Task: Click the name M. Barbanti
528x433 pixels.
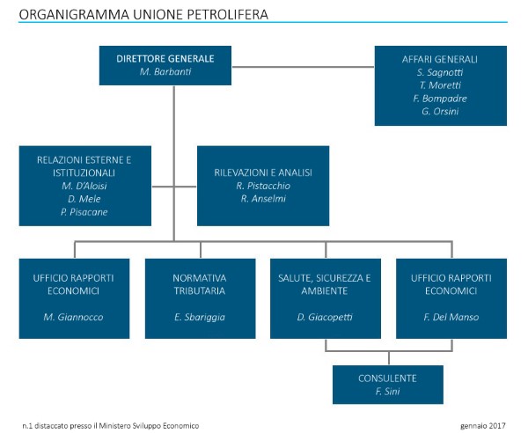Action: coord(165,71)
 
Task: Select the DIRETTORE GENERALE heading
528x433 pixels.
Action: coord(165,59)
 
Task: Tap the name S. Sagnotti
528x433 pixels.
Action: coord(440,72)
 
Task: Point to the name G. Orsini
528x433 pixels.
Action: coord(440,112)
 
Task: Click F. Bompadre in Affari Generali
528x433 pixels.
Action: coord(440,99)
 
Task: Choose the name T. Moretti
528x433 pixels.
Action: coord(440,85)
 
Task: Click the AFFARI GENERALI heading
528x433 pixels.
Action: coord(440,59)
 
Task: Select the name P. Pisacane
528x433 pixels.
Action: coord(84,212)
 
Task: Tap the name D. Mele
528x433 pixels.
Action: coord(84,199)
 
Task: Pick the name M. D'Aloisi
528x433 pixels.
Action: coord(84,186)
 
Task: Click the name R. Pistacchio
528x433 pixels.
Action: coord(263,186)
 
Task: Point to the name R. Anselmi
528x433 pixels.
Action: coord(263,199)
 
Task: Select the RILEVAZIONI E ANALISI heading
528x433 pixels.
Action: coord(263,172)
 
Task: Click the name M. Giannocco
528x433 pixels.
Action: coord(73,317)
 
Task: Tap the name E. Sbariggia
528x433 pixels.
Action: coord(200,317)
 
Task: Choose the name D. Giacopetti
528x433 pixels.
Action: coord(325,317)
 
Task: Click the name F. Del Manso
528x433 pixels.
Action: coord(451,317)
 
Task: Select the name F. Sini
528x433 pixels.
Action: coord(387,392)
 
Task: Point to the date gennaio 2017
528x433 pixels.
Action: coord(483,426)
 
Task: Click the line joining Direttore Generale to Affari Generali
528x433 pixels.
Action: coord(303,67)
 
